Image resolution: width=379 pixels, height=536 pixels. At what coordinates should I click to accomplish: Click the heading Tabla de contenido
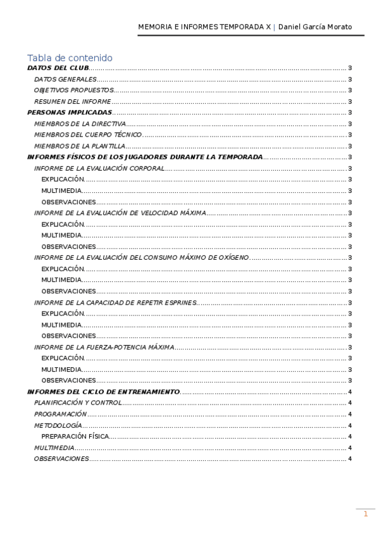[70, 58]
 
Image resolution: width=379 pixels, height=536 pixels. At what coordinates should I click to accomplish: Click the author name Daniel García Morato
[315, 27]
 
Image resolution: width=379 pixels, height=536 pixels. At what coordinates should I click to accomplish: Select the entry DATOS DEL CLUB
[58, 68]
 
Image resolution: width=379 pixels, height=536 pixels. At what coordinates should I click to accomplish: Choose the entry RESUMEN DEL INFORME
[72, 102]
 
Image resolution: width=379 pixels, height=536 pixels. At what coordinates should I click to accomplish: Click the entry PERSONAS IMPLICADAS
[70, 113]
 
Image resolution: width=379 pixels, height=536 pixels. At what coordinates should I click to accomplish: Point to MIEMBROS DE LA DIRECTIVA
[80, 124]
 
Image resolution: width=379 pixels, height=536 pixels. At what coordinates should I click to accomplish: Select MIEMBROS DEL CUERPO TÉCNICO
[88, 135]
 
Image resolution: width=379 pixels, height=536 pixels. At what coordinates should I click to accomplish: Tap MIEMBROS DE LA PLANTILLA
[79, 146]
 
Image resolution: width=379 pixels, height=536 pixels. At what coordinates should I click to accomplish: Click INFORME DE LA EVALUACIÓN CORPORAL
[99, 169]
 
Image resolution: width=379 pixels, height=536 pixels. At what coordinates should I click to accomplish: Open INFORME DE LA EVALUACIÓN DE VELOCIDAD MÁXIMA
[120, 213]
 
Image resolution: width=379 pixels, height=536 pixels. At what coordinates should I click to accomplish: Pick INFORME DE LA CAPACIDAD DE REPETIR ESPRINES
[116, 303]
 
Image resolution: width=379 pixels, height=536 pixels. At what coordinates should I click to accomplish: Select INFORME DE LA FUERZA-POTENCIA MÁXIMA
[104, 347]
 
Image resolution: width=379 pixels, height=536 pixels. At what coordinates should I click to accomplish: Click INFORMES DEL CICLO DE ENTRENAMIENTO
[103, 392]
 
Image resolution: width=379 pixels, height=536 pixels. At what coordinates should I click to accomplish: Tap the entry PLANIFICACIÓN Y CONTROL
[77, 403]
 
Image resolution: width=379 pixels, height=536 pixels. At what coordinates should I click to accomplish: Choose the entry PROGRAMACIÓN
[60, 414]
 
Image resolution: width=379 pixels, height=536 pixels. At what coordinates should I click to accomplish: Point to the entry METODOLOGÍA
[58, 425]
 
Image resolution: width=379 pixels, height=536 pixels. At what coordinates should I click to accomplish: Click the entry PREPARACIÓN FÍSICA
[75, 436]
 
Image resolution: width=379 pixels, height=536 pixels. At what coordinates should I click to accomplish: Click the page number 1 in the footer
[365, 515]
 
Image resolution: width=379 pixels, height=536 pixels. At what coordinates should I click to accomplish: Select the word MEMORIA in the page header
[155, 27]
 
